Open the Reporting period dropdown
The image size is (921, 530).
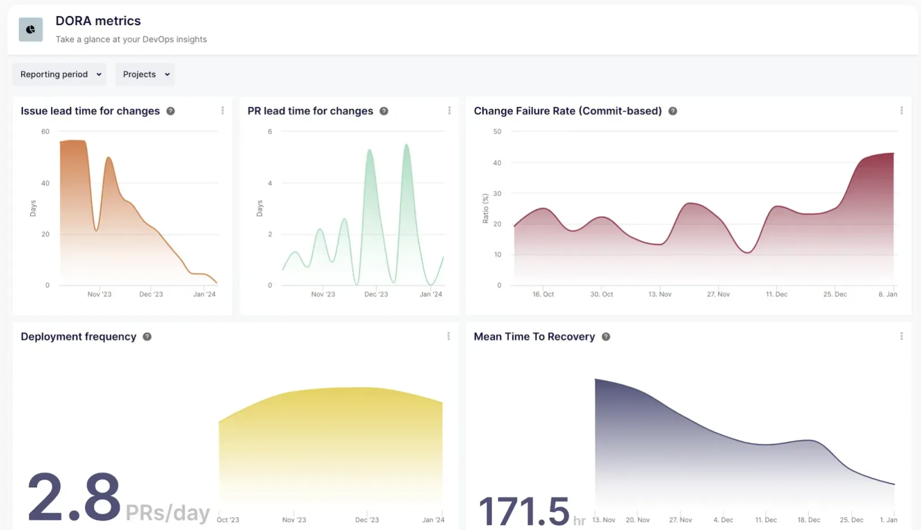click(x=59, y=75)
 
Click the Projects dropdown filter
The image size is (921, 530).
click(x=145, y=75)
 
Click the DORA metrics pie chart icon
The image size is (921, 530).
click(x=31, y=30)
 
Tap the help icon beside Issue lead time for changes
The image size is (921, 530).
click(x=170, y=111)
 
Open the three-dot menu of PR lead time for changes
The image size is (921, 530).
click(x=449, y=111)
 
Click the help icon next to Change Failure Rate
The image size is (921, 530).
click(x=673, y=111)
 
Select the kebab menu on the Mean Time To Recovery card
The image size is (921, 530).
click(x=901, y=336)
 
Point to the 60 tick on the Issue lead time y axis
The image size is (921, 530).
click(x=46, y=132)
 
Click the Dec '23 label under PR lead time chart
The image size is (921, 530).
click(x=376, y=294)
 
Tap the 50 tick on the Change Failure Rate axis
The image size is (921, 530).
click(x=497, y=132)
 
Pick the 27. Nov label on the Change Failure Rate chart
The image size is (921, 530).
click(x=718, y=294)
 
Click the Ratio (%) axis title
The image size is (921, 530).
click(x=486, y=208)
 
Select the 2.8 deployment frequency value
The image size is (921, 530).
click(x=74, y=498)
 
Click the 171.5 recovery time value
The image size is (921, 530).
click(x=523, y=511)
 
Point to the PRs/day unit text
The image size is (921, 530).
click(x=168, y=513)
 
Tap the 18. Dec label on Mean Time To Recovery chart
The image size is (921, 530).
click(x=809, y=520)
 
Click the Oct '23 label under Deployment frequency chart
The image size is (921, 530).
click(x=228, y=520)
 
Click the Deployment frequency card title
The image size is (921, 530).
click(x=79, y=337)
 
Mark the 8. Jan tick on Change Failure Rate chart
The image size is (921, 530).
click(x=887, y=294)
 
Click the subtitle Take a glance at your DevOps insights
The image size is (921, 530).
click(x=131, y=39)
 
